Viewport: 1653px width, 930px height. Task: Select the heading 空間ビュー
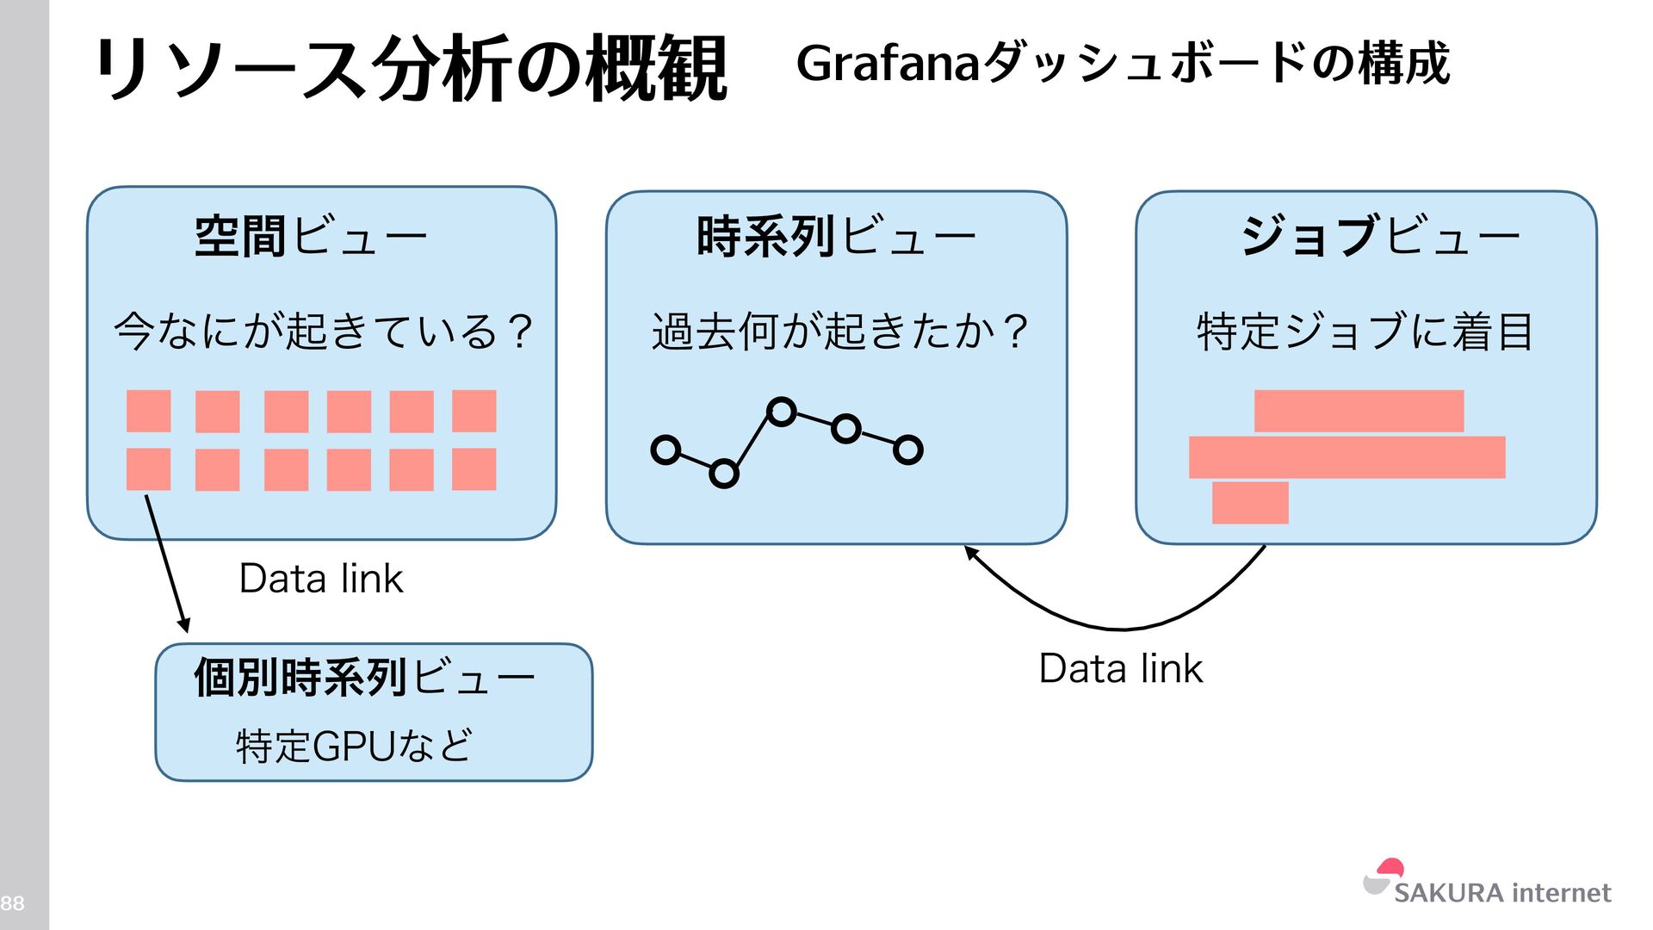tap(311, 236)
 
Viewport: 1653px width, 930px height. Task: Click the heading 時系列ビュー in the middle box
tap(835, 236)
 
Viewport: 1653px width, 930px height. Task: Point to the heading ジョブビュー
tap(1379, 236)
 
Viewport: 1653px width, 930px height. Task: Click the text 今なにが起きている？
tap(323, 332)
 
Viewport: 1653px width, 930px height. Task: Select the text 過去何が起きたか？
tap(839, 332)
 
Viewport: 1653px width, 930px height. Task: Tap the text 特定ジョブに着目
tap(1365, 332)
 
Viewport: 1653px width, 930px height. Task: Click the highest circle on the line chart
tap(781, 412)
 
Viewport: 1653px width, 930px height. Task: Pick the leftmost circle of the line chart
tap(666, 449)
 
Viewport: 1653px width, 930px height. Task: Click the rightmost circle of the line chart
tap(907, 449)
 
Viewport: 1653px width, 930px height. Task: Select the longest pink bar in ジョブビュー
tap(1347, 457)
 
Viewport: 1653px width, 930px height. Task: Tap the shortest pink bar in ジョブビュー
tap(1250, 503)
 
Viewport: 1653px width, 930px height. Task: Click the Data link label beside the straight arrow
tap(320, 579)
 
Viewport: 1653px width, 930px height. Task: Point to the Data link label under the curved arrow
tap(1120, 669)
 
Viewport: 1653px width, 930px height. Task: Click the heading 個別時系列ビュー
tap(364, 678)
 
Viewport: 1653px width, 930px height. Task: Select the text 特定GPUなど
tap(354, 746)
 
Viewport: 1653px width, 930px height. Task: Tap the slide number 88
tap(12, 903)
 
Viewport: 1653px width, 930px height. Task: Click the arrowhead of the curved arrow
tap(970, 552)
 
